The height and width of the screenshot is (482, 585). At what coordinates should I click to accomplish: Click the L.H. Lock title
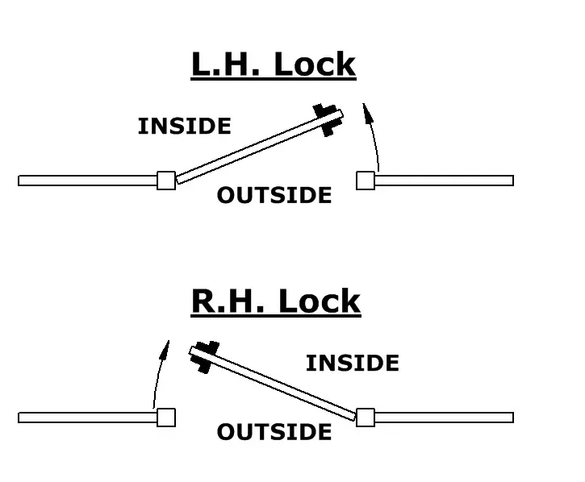(x=273, y=64)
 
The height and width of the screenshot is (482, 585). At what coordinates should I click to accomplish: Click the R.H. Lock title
(x=275, y=301)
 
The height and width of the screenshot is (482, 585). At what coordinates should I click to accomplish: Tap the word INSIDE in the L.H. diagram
(x=184, y=127)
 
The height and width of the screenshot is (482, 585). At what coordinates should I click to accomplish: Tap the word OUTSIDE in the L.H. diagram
(x=274, y=196)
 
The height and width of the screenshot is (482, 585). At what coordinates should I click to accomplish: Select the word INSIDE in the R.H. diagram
(x=352, y=364)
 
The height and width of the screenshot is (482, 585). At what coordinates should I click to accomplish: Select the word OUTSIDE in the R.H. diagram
(x=274, y=433)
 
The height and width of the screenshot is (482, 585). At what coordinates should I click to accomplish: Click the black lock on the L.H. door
(x=326, y=119)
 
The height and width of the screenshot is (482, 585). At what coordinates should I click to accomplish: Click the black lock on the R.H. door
(x=204, y=356)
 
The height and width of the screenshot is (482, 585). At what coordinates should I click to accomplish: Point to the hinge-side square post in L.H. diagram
(x=166, y=181)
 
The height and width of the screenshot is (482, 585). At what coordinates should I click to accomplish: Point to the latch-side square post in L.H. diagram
(x=366, y=181)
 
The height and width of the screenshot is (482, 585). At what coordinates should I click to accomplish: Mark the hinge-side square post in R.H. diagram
(x=366, y=418)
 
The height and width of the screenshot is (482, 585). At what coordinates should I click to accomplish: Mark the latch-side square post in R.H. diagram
(x=166, y=418)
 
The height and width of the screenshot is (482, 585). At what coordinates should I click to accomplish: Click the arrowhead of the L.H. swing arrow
(x=367, y=111)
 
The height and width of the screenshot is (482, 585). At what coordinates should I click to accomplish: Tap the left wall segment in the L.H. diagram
(x=87, y=181)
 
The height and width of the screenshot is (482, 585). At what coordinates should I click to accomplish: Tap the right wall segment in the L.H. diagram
(x=444, y=181)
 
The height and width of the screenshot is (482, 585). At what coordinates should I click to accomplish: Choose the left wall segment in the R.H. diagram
(x=87, y=418)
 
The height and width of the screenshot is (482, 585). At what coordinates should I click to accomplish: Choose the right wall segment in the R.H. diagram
(x=444, y=418)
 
